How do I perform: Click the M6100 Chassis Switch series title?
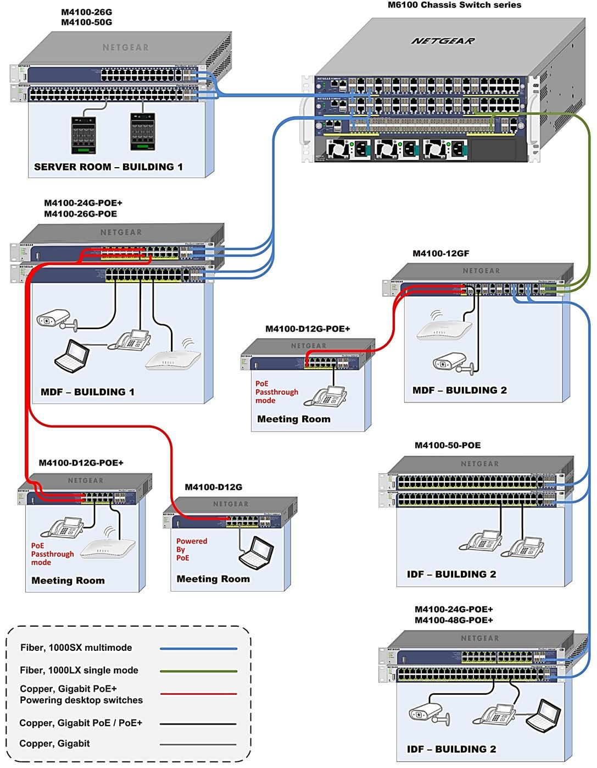(x=454, y=5)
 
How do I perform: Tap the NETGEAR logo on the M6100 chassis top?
(x=443, y=41)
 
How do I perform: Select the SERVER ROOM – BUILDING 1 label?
(x=108, y=167)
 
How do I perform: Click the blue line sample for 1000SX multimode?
(x=198, y=649)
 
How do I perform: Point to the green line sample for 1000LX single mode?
(x=198, y=671)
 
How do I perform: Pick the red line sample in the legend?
(x=198, y=694)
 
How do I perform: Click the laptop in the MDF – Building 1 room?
(x=72, y=355)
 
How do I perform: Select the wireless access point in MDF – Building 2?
(x=444, y=328)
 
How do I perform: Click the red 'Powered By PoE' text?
(x=191, y=549)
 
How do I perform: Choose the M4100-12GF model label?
(x=440, y=253)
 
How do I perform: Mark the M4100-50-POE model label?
(x=447, y=445)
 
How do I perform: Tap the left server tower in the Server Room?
(x=83, y=135)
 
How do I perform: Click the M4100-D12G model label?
(x=213, y=487)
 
